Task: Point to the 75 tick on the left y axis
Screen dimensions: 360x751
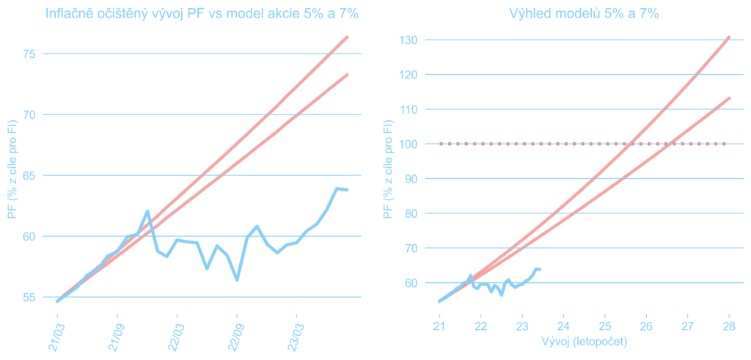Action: [29, 54]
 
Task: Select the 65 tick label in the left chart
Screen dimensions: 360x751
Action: [29, 175]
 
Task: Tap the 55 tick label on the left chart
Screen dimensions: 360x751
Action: [29, 297]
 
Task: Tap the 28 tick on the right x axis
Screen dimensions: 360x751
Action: [729, 326]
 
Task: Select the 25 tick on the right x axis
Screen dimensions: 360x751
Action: [604, 326]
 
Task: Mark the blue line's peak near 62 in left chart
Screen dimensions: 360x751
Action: [147, 211]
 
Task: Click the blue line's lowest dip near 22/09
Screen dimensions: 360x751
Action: [237, 279]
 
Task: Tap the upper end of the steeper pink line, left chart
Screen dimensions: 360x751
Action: [347, 37]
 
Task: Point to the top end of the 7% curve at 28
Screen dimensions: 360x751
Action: [729, 37]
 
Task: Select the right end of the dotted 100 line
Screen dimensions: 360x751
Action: [725, 144]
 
